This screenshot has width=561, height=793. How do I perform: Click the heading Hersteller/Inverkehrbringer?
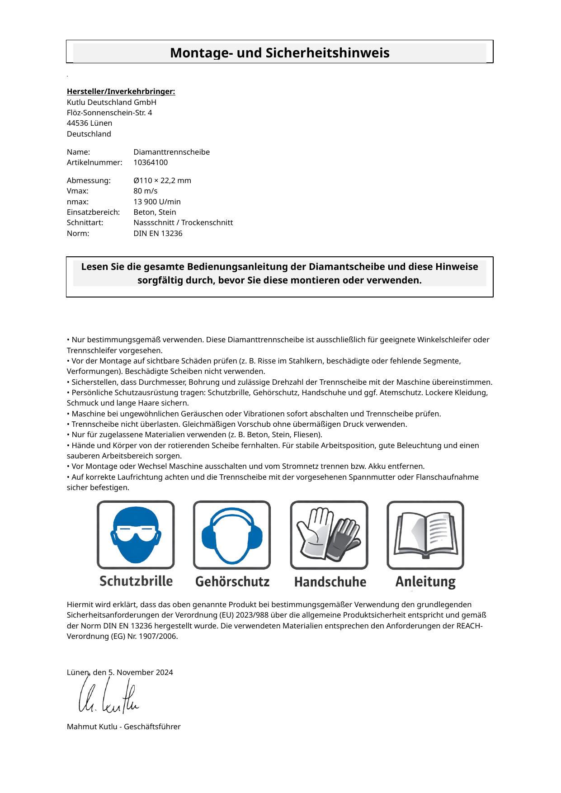click(121, 91)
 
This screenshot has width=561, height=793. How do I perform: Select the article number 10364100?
click(151, 162)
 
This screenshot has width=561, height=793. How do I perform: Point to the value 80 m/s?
click(146, 191)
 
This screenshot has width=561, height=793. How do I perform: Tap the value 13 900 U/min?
click(157, 202)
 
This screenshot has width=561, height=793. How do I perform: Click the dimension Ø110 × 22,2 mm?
click(162, 180)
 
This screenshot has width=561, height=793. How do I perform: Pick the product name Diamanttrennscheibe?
click(171, 152)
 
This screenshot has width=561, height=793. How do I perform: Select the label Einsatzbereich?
click(93, 212)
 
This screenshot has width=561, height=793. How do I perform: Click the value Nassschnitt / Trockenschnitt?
click(183, 222)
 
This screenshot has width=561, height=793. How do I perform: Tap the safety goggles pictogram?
click(136, 534)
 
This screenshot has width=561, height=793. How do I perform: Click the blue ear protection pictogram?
click(232, 534)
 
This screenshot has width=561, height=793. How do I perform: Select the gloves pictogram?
click(329, 534)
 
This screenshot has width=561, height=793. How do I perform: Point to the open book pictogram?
click(425, 534)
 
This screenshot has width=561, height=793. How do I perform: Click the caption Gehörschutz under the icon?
click(232, 581)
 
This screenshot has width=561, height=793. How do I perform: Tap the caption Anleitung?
click(425, 581)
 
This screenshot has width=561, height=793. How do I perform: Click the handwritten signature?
click(108, 699)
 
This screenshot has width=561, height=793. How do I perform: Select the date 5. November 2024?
click(141, 672)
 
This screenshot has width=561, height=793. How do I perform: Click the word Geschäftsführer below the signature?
click(152, 727)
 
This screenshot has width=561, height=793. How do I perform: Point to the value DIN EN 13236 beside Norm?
click(158, 233)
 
